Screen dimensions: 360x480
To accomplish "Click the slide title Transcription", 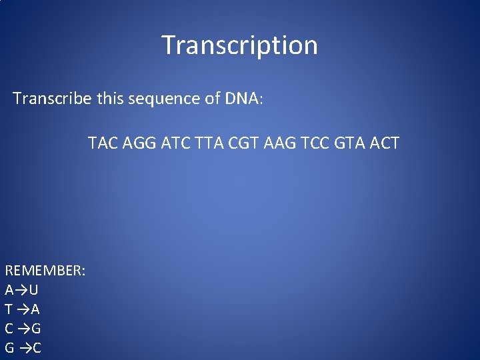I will coord(239,45).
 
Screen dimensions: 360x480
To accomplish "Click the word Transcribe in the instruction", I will coord(52,99).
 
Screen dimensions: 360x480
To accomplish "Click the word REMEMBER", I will coord(45,271).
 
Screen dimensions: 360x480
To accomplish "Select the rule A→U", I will coord(21,290).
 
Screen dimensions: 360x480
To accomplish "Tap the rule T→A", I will coord(22,309).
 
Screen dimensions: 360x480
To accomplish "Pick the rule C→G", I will coord(23,329).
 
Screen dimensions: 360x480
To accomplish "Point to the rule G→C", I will coord(23,348).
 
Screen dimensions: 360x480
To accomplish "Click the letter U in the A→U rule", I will coord(33,290).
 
